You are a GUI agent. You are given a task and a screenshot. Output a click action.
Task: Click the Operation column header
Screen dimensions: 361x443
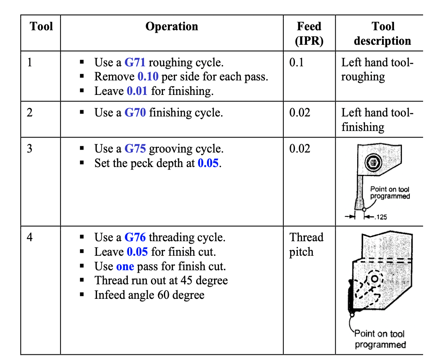(x=172, y=27)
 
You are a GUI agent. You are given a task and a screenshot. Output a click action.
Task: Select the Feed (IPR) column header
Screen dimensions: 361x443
(x=309, y=34)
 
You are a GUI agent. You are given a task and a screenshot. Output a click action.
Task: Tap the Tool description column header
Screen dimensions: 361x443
(x=382, y=34)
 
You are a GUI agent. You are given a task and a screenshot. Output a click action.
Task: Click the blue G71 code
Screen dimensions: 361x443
(x=135, y=63)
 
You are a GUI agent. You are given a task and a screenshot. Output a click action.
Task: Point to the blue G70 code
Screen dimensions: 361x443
(x=135, y=113)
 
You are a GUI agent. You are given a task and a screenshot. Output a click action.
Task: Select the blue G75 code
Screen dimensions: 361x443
(x=135, y=149)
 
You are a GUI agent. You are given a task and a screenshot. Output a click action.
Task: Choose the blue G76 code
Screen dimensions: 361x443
(x=135, y=237)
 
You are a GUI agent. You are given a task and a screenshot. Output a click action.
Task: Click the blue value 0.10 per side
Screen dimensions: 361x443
(x=148, y=77)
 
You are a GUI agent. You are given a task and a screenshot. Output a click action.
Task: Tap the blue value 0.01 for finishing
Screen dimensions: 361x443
(x=137, y=91)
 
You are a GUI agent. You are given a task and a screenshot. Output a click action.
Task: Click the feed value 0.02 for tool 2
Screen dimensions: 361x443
(x=299, y=113)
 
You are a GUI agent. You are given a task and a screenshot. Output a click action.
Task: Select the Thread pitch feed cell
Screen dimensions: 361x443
(x=306, y=245)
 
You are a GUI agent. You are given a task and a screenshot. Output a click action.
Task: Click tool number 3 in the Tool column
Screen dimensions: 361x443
(x=29, y=149)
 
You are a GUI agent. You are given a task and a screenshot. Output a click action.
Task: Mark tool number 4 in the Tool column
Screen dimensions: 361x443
(x=29, y=237)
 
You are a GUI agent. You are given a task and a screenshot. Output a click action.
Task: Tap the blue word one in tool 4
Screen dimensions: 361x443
(x=125, y=266)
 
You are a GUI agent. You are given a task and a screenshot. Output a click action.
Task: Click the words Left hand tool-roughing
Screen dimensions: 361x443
(x=377, y=70)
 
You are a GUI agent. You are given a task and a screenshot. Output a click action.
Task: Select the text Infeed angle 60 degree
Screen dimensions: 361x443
(x=149, y=295)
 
